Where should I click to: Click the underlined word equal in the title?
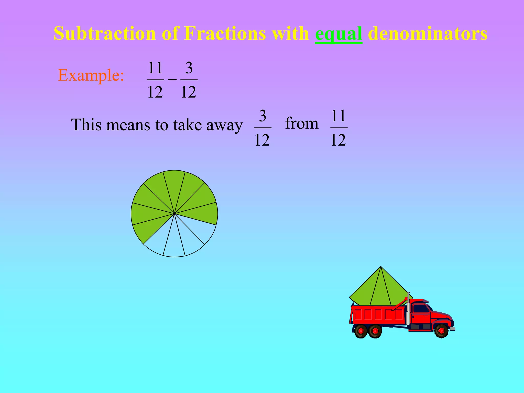pyautogui.click(x=339, y=34)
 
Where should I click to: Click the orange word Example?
pyautogui.click(x=91, y=75)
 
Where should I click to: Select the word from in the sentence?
pyautogui.click(x=302, y=123)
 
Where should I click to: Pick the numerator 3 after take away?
pyautogui.click(x=263, y=116)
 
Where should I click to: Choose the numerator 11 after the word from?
pyautogui.click(x=339, y=116)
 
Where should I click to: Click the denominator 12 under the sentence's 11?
pyautogui.click(x=338, y=140)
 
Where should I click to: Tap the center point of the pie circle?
pyautogui.click(x=174, y=213)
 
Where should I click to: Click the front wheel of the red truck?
pyautogui.click(x=441, y=331)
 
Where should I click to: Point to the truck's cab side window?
pyautogui.click(x=420, y=309)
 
